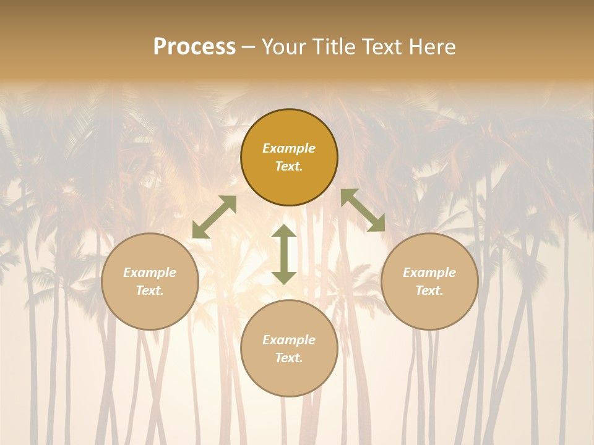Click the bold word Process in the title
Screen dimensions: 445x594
pos(194,47)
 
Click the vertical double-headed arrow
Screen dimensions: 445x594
pos(284,254)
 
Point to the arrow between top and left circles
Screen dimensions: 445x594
pos(214,217)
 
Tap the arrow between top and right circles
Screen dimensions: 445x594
pos(363,210)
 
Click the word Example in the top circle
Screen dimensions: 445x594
pos(289,148)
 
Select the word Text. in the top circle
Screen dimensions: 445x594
pos(289,166)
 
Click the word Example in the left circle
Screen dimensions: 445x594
pos(150,273)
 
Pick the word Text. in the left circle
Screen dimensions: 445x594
pos(150,290)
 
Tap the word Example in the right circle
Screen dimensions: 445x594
pos(429,273)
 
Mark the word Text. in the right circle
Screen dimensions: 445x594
pos(429,290)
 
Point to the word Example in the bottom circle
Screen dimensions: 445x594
pos(289,340)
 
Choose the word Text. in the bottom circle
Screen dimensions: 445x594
pos(289,358)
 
